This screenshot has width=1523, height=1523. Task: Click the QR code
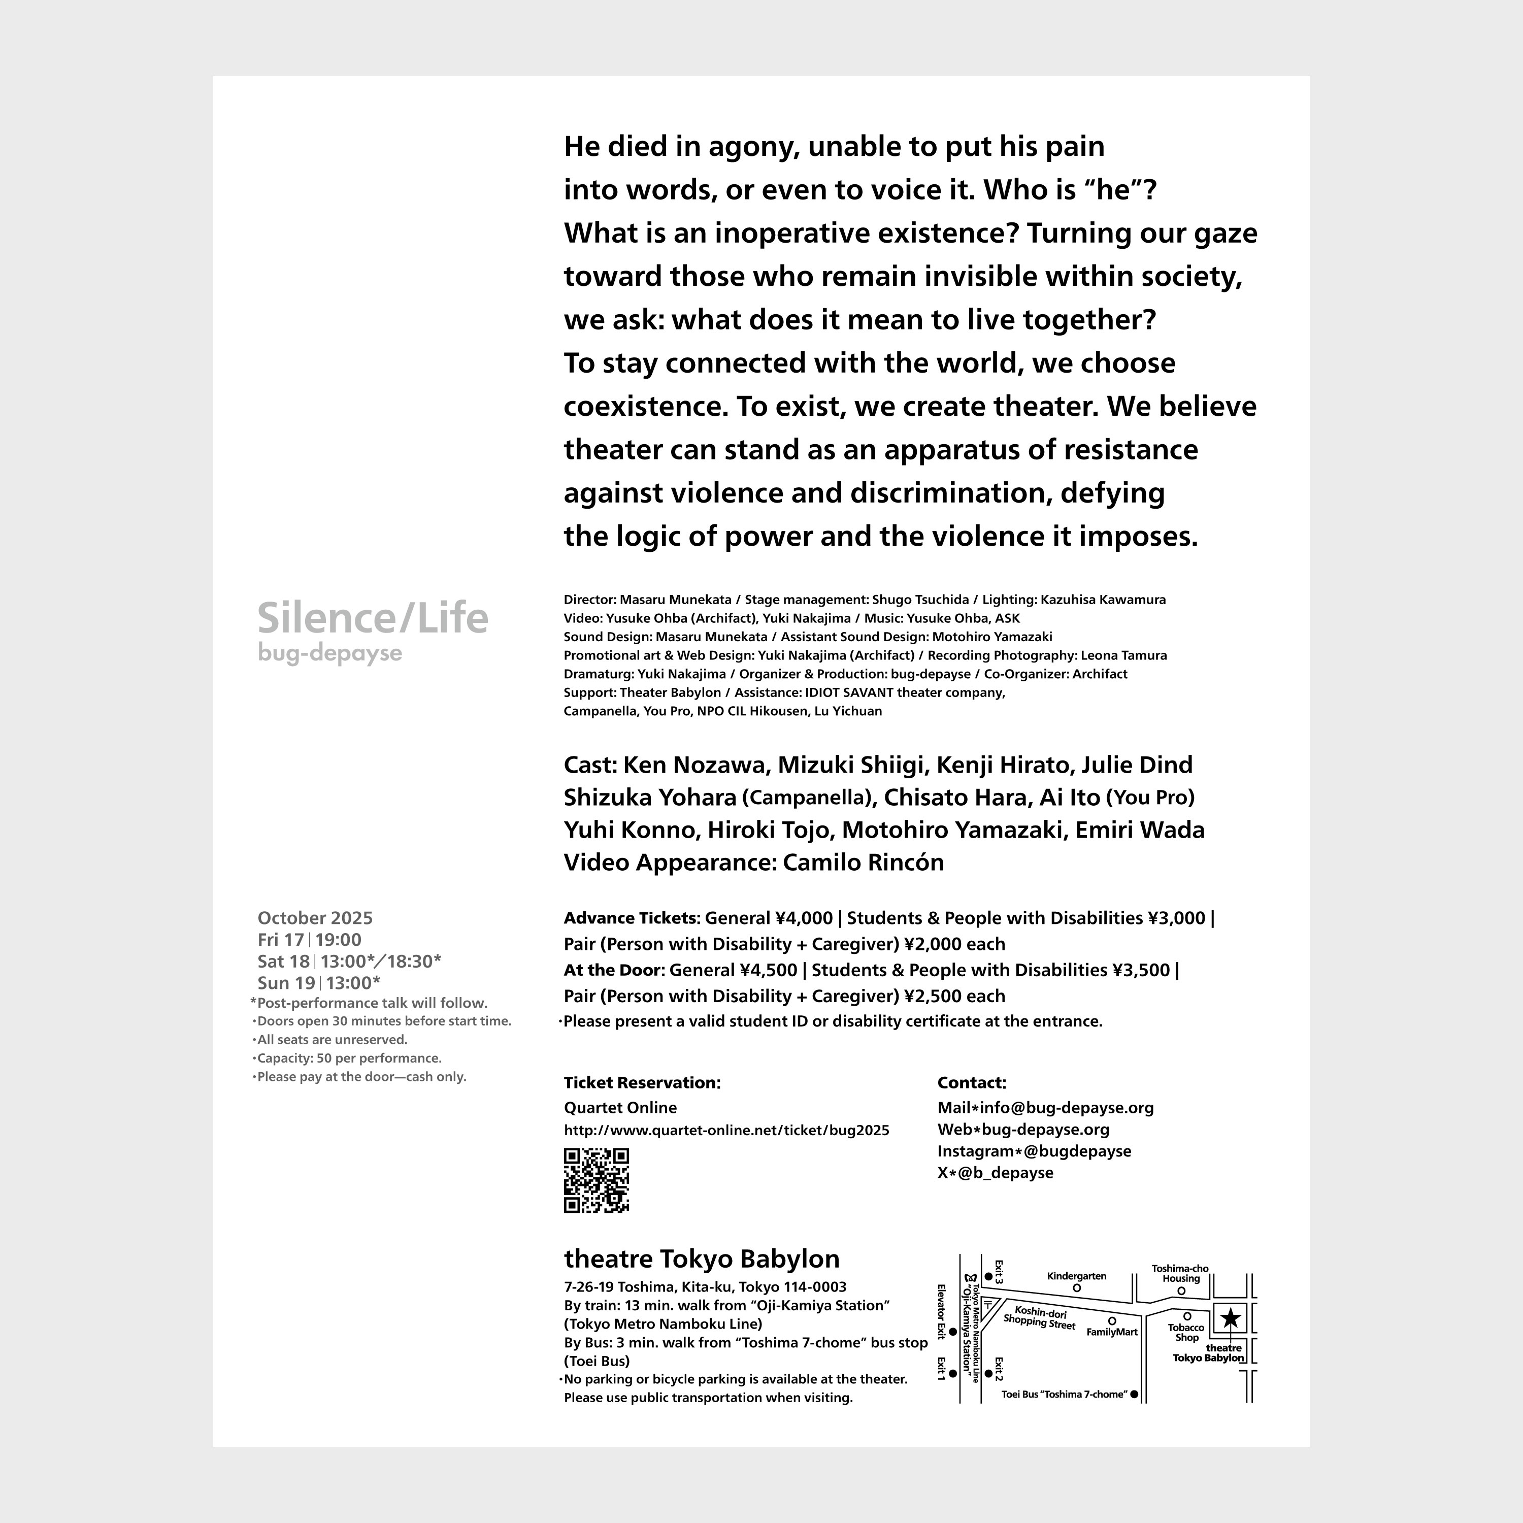coord(596,1180)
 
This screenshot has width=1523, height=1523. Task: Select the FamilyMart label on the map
coord(1112,1332)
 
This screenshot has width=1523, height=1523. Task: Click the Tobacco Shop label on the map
coord(1186,1332)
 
